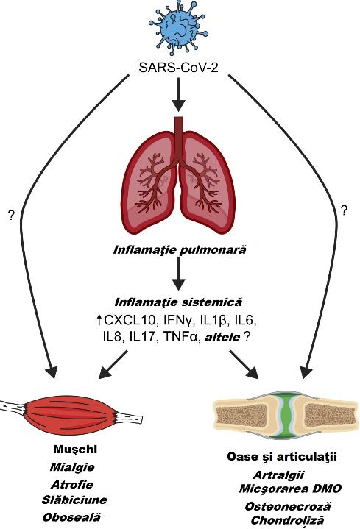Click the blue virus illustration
pos(178,29)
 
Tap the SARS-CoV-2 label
pos(178,68)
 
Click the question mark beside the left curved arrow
pos(12,216)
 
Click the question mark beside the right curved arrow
pos(344,210)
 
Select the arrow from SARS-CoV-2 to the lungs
pos(179,95)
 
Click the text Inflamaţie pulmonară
pos(180,251)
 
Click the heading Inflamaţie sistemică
pos(178,302)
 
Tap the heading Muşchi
pos(75,450)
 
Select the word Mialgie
pos(72,467)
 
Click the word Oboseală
pos(71,516)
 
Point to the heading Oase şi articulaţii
pos(282,457)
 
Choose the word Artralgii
pos(278,475)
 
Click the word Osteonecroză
pos(288,506)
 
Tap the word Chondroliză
pos(287,521)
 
